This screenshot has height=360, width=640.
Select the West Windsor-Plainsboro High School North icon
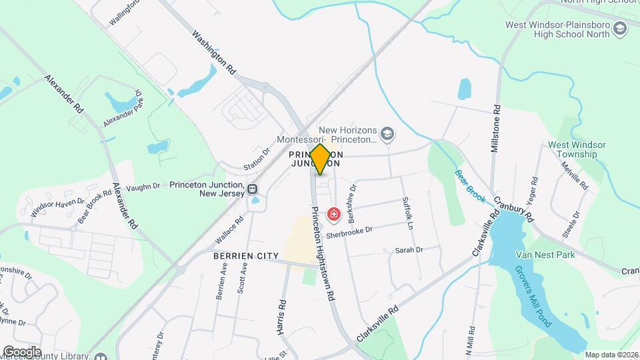click(621, 29)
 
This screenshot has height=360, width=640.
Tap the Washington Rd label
click(215, 52)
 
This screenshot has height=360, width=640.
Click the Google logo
click(22, 351)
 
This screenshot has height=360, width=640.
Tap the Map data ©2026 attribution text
click(611, 354)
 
